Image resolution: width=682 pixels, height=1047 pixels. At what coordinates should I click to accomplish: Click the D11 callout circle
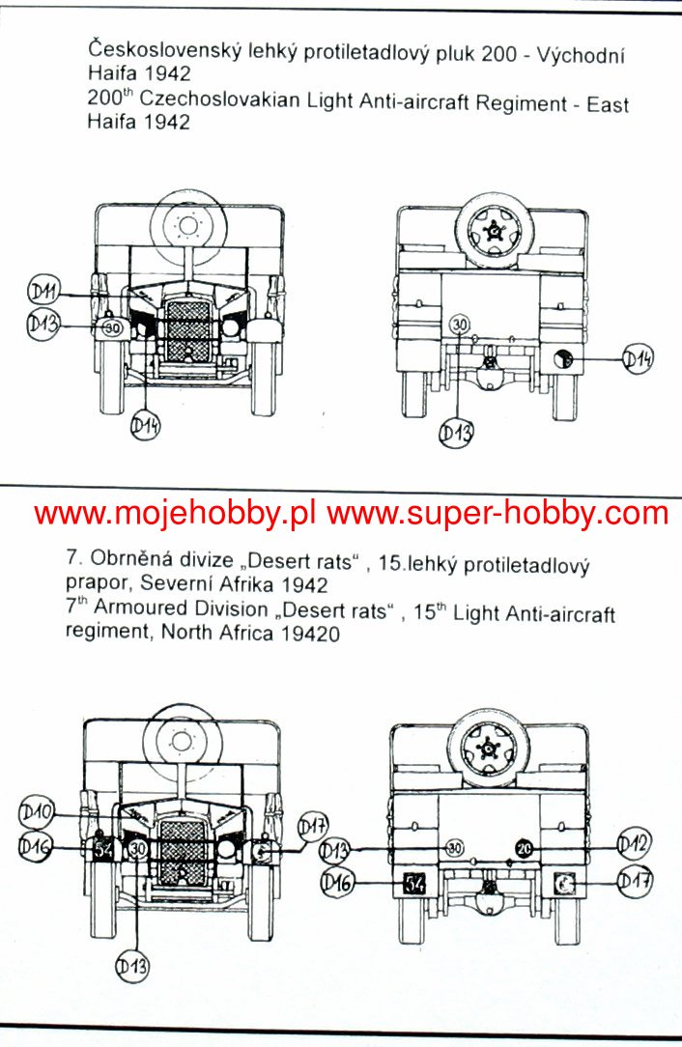pos(43,291)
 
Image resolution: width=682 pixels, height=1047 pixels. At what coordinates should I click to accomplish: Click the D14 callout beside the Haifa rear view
pos(638,360)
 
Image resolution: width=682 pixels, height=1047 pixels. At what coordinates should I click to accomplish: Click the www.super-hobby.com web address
pos(497,513)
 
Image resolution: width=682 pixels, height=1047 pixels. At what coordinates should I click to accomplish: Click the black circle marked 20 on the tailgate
pos(524,847)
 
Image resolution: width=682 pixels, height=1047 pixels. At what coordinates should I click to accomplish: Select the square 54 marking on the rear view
pos(413,883)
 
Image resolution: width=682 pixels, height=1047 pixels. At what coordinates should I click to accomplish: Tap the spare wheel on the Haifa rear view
pos(494,230)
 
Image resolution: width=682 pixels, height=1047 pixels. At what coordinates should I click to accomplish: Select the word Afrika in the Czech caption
pos(250,584)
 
